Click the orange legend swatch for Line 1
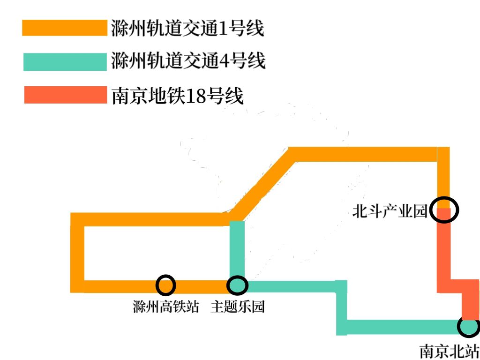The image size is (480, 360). (65, 28)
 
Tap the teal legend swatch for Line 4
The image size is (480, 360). (65, 61)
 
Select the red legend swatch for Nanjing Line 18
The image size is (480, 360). (65, 95)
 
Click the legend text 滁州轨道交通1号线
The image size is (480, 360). (187, 28)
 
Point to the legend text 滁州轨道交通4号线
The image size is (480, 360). (188, 61)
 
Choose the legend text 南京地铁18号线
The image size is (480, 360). (178, 96)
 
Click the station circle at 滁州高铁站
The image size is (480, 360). (165, 285)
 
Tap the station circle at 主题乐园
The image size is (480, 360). (237, 285)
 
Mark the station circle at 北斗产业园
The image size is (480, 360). (443, 210)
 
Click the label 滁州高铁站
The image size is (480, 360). (165, 307)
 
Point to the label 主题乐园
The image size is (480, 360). (238, 307)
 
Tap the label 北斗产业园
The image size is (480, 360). (390, 211)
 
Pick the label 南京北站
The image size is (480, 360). (449, 351)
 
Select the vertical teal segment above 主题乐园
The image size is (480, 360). (237, 248)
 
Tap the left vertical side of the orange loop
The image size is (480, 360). (77, 253)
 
